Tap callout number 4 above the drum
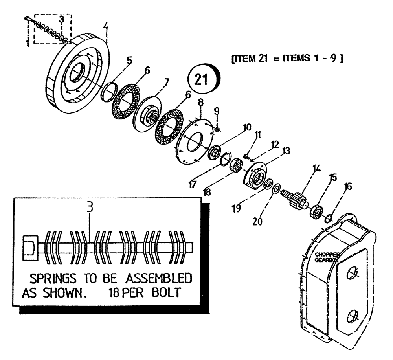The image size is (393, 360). coord(105,27)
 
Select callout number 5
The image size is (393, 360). coord(130,61)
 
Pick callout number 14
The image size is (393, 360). coord(316,168)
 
